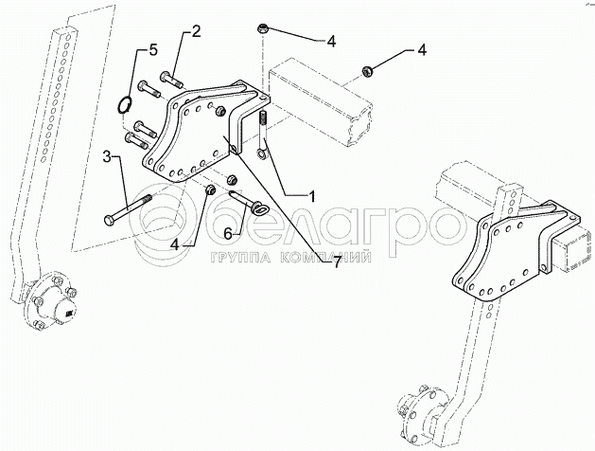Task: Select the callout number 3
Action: click(108, 156)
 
